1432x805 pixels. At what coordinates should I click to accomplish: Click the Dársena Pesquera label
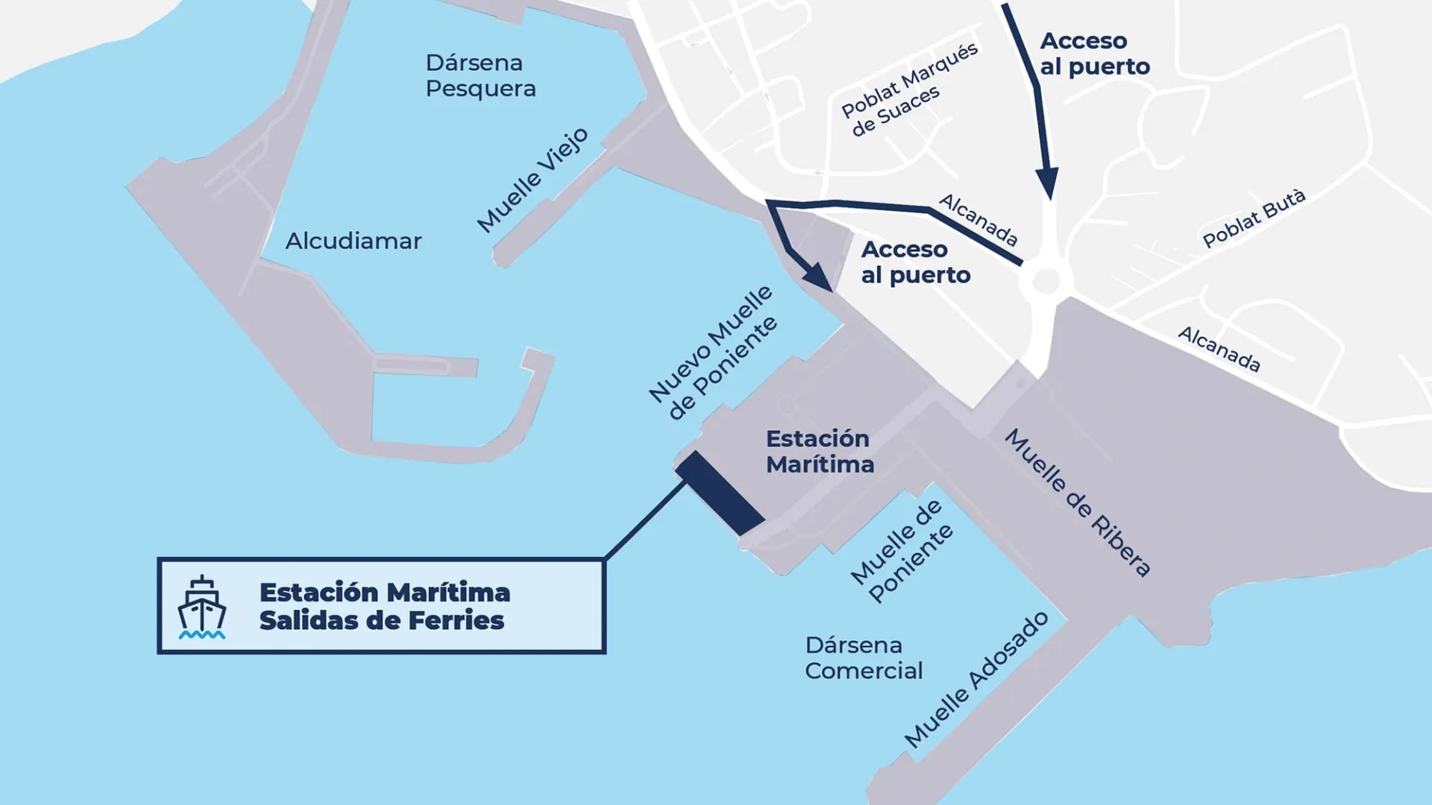[x=480, y=75]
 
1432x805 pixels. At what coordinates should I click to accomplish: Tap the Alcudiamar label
[x=354, y=241]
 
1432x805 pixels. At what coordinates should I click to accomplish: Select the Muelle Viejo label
[x=533, y=180]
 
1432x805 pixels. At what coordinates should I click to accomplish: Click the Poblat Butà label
[x=1254, y=218]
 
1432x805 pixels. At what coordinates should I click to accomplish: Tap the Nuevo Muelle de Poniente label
[x=712, y=352]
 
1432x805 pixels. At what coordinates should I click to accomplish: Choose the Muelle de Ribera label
[x=1077, y=503]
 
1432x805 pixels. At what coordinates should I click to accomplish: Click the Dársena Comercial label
[x=863, y=657]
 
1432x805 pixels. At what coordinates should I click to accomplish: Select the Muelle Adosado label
[x=976, y=679]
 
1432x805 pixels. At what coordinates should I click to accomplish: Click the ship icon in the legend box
[x=201, y=607]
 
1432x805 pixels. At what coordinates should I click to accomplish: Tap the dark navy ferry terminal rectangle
[x=720, y=493]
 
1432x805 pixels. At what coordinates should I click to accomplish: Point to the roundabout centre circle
[x=1046, y=281]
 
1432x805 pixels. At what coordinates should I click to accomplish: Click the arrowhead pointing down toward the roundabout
[x=1048, y=183]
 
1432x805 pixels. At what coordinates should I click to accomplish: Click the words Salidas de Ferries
[x=382, y=620]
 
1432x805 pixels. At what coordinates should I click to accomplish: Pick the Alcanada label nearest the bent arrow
[x=978, y=220]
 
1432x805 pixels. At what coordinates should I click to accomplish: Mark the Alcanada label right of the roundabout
[x=1219, y=349]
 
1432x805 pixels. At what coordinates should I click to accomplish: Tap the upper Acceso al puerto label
[x=1094, y=54]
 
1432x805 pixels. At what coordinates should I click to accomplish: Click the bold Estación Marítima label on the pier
[x=819, y=451]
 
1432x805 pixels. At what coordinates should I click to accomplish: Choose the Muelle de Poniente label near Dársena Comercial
[x=902, y=551]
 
